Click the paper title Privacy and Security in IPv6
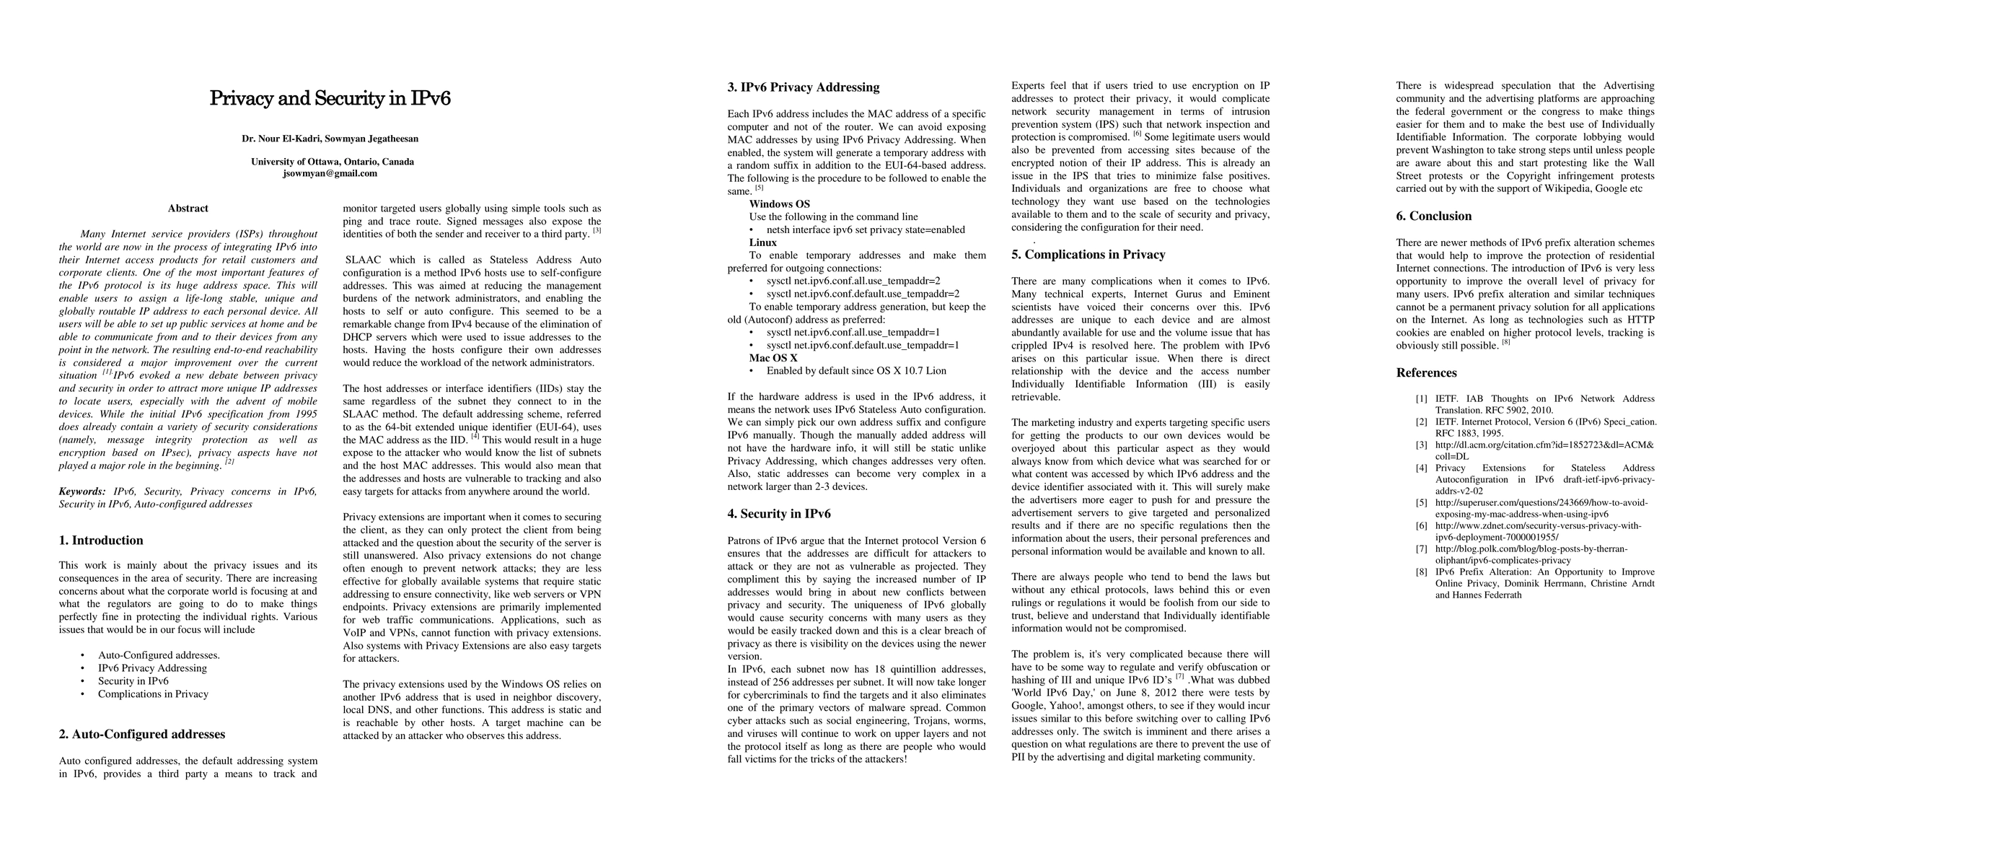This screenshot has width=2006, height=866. tap(330, 99)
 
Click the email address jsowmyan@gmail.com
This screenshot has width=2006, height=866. tap(330, 174)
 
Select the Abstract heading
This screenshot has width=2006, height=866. tap(188, 209)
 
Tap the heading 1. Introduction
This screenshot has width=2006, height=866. tap(101, 541)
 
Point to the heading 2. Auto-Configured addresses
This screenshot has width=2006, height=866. tap(141, 735)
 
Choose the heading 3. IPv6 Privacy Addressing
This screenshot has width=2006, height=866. tap(803, 87)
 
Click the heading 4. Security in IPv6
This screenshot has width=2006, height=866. tap(779, 514)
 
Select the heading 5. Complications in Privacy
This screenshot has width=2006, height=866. tap(1088, 255)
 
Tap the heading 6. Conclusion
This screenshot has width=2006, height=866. tap(1434, 216)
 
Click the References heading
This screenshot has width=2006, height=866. tap(1426, 373)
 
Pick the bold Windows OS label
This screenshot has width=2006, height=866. tap(780, 204)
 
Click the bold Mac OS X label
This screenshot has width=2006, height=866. tap(773, 358)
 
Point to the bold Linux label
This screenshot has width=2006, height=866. tap(763, 242)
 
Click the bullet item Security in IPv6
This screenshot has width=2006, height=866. tap(133, 681)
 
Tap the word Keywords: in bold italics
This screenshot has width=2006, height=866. tap(82, 491)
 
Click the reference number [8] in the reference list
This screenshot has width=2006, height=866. tap(1421, 572)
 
